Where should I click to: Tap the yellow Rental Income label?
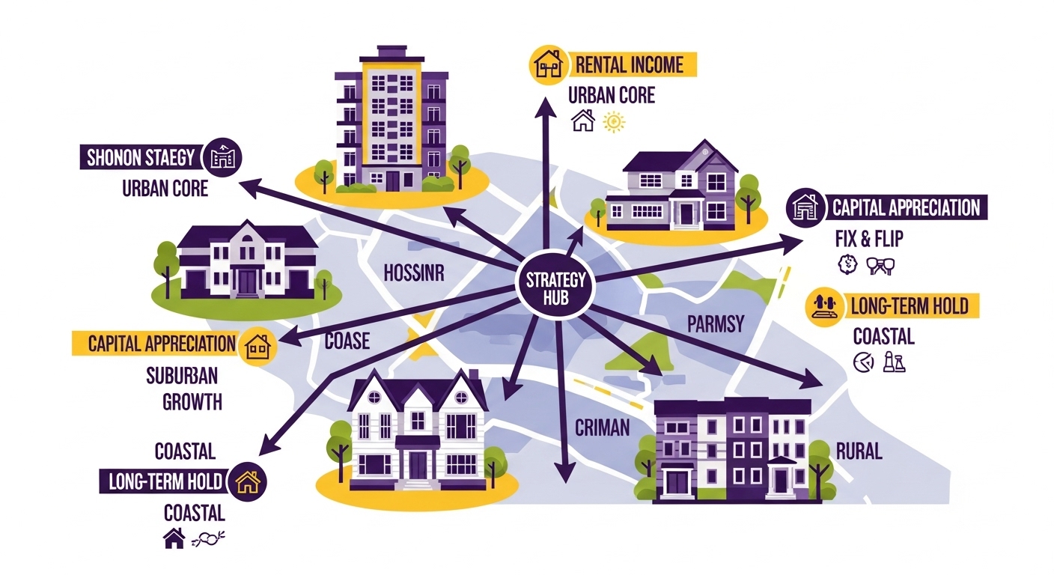[x=629, y=64]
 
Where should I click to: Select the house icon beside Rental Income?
[x=546, y=64]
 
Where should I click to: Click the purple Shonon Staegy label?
[x=140, y=158]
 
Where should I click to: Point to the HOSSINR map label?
[x=413, y=273]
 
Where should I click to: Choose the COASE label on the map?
[x=347, y=341]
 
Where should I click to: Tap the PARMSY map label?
[x=716, y=324]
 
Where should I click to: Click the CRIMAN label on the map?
[x=602, y=428]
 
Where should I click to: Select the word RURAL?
[x=859, y=451]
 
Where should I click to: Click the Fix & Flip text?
[x=868, y=240]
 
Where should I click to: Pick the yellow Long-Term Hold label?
[x=909, y=305]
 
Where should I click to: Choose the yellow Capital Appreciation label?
[x=162, y=344]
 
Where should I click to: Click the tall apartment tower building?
[x=391, y=120]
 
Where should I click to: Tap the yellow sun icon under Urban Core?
[x=613, y=122]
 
